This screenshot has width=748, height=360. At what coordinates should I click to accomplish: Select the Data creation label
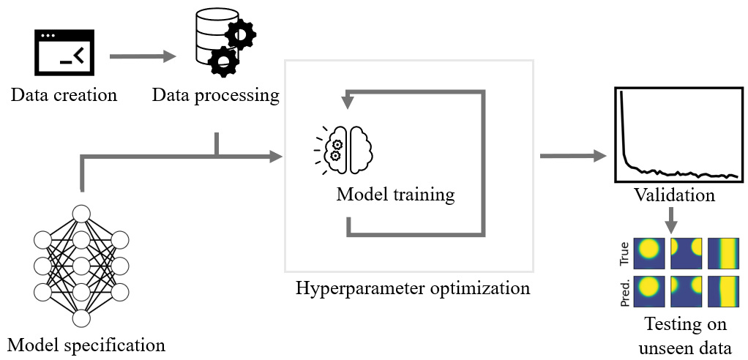(x=64, y=95)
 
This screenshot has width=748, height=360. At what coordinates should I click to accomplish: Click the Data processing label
(x=216, y=95)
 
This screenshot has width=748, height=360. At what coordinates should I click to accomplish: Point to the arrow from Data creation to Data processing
(x=143, y=56)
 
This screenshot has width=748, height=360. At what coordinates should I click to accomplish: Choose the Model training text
(x=395, y=195)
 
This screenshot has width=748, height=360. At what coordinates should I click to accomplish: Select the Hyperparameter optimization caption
(x=413, y=288)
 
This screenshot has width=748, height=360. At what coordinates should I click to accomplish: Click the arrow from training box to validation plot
(x=574, y=155)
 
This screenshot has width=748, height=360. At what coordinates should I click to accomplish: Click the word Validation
(x=674, y=196)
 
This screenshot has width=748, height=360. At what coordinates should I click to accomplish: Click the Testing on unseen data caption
(x=685, y=336)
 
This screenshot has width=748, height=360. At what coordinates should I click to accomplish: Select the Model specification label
(x=86, y=344)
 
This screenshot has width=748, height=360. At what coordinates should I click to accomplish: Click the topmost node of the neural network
(x=81, y=214)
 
